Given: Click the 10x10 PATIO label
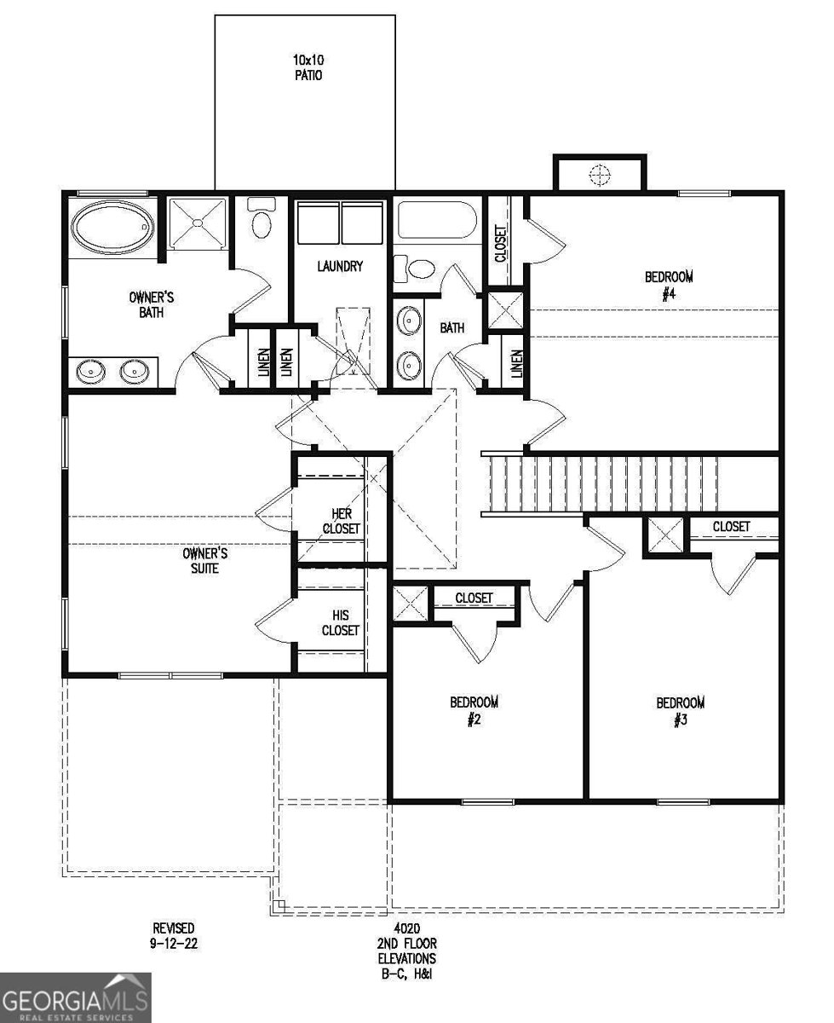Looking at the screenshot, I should [304, 67].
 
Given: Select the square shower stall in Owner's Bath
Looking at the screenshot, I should [198, 223].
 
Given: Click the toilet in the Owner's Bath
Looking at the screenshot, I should [262, 220].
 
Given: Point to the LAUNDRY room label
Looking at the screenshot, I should [340, 267].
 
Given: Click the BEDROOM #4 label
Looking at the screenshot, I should [669, 285].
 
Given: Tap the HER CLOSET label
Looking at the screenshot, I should [341, 521].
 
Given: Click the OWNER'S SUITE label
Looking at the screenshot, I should [204, 560].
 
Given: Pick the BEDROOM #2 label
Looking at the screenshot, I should [474, 710].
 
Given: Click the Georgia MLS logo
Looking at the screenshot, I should [75, 997].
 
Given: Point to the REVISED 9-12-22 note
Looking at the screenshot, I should [173, 935].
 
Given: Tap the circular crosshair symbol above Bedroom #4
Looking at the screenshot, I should [600, 175].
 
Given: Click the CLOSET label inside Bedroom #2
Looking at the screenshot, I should [474, 598].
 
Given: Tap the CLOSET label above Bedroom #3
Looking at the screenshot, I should [731, 527].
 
